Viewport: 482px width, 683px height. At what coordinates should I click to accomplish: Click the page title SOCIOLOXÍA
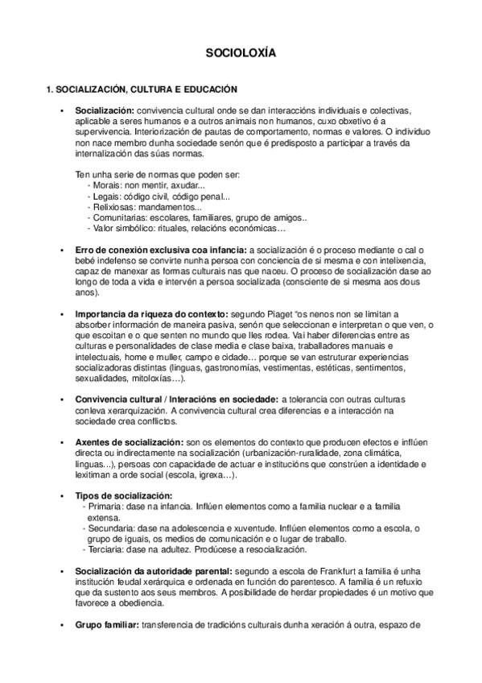pos(241,54)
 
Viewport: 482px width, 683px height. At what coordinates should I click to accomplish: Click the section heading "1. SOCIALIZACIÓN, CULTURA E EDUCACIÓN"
pos(141,88)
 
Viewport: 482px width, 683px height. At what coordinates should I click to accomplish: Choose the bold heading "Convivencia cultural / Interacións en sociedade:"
pos(176,399)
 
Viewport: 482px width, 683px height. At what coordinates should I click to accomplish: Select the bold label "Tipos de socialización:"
pos(124,495)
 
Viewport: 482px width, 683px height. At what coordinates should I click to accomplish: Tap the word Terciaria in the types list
pos(105,549)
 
